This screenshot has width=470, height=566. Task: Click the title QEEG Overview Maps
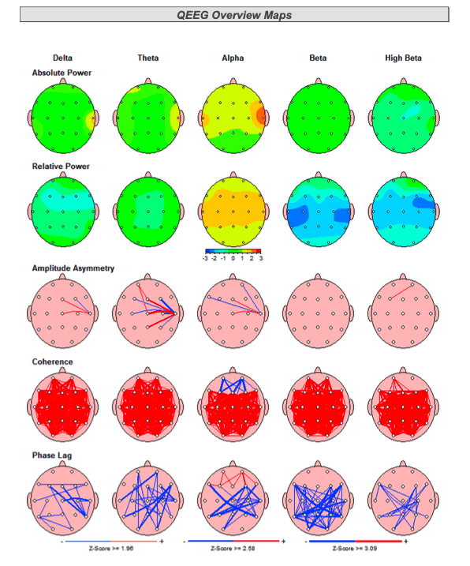pos(234,14)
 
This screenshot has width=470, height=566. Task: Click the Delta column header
pos(62,58)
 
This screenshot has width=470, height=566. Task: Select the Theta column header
pos(147,58)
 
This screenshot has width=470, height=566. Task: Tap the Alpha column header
pos(233,58)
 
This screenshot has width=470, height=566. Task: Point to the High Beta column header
pos(403,58)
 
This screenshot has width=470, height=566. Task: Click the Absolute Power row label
pos(62,73)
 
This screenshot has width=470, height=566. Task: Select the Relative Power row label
pos(61,167)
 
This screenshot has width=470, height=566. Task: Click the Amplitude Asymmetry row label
pos(73,268)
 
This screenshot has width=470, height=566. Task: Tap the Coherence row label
pos(52,362)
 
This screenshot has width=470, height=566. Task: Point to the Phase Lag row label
pos(52,455)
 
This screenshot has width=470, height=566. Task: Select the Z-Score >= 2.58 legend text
pos(233,548)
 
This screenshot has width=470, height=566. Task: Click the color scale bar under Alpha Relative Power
pos(233,250)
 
